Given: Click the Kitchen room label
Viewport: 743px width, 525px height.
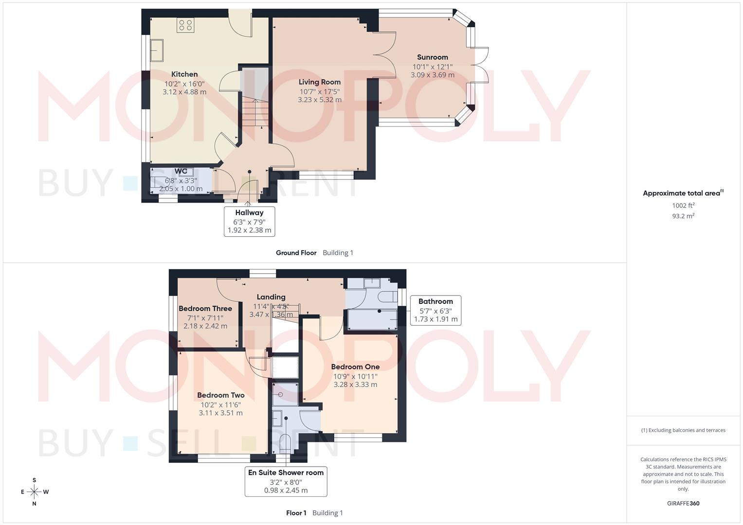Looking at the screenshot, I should pos(184,74).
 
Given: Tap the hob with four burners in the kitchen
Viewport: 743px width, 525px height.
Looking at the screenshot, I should pos(185,25).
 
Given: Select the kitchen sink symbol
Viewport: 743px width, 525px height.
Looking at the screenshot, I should pos(157,51).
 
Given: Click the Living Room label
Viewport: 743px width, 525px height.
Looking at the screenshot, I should pos(319,82).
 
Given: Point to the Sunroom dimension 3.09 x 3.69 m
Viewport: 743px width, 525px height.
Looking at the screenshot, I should pos(432,75).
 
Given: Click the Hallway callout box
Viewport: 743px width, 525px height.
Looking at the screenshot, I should pos(249,221).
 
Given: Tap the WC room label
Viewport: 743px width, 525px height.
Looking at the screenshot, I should pos(181,171).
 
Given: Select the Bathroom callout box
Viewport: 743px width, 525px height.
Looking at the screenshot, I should pos(435,310).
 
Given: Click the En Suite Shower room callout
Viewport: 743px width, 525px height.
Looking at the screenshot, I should pos(286,481).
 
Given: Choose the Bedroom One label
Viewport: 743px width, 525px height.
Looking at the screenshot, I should pos(355,367).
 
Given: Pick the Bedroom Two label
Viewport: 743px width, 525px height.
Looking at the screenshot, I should pos(220,395).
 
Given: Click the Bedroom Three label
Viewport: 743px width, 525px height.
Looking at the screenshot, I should pos(205,308).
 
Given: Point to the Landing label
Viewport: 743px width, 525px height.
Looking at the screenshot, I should pos(271,297).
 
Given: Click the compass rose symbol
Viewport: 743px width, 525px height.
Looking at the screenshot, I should pos(34,492).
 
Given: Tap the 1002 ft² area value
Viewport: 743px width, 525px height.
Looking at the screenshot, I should pos(683,206).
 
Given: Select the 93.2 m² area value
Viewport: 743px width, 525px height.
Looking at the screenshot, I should pos(683,216).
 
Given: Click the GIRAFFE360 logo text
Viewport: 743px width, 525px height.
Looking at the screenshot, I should pos(683,504).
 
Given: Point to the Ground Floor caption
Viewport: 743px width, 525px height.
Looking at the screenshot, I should pos(296,253).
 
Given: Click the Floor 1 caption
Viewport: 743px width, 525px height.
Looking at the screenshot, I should pos(296,513).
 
